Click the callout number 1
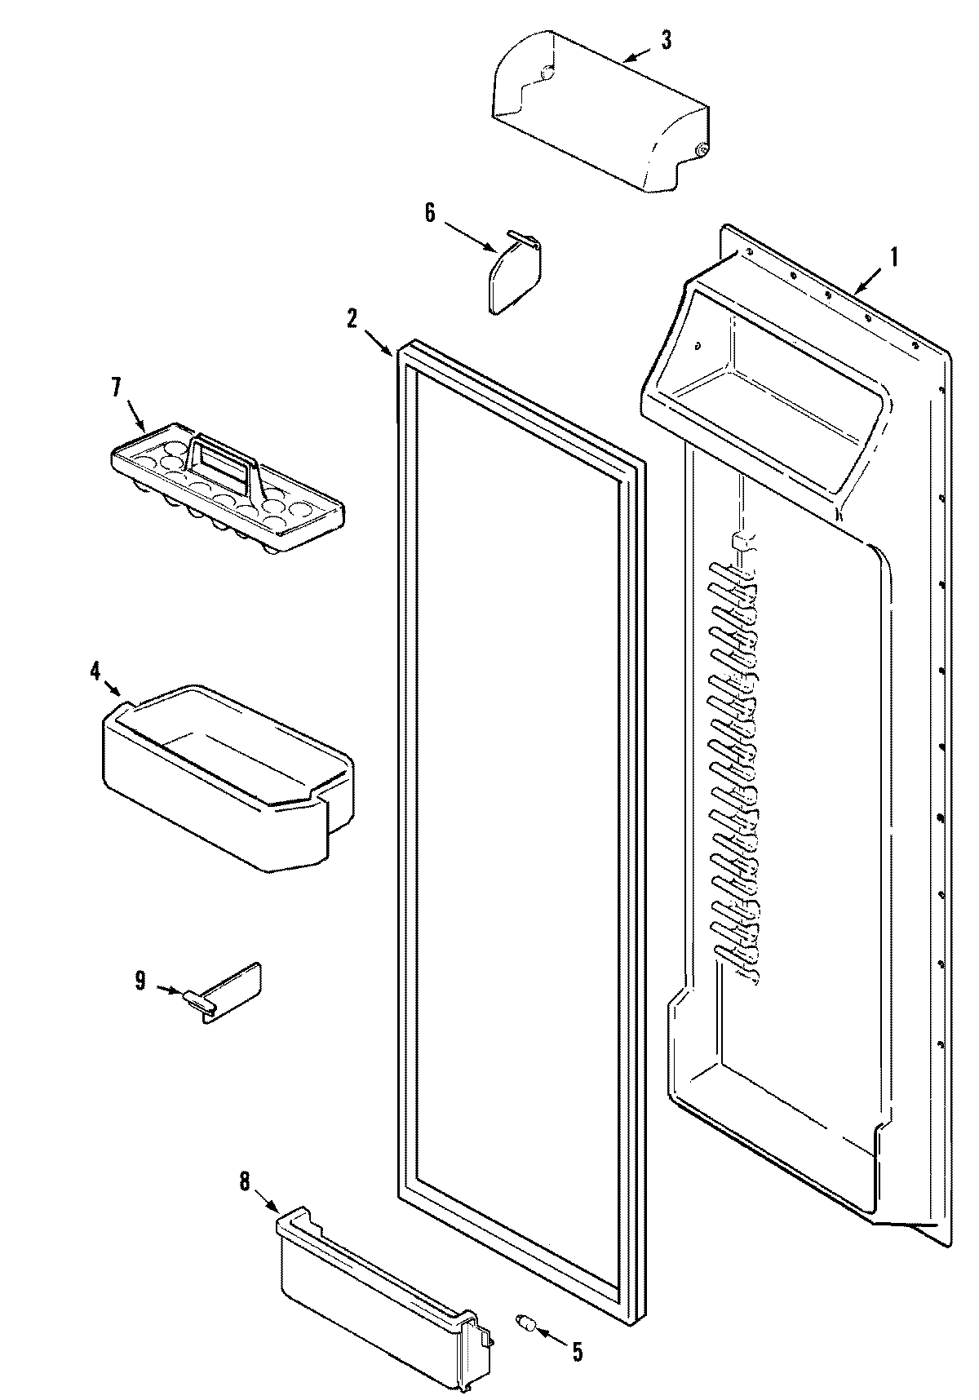(x=893, y=258)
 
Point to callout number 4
(x=95, y=671)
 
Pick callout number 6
(x=430, y=213)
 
